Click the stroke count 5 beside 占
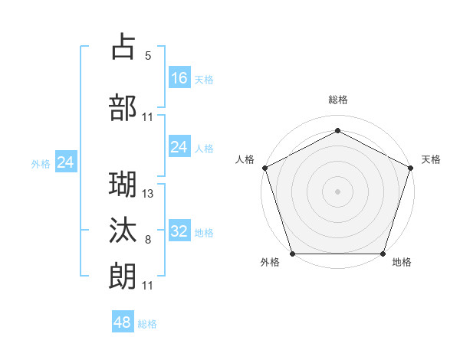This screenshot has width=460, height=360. click(x=148, y=56)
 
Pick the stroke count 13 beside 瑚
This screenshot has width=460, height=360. click(x=148, y=193)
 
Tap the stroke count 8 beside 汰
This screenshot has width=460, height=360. click(x=148, y=240)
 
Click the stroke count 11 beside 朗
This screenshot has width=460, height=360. click(x=148, y=286)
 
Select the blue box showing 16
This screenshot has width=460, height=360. click(x=179, y=78)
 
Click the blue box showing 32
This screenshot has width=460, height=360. click(x=179, y=231)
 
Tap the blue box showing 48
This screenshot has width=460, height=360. click(x=123, y=322)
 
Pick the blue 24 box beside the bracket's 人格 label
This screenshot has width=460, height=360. click(x=179, y=147)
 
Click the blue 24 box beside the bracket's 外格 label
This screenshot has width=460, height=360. click(x=66, y=162)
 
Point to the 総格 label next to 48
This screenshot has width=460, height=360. click(x=147, y=324)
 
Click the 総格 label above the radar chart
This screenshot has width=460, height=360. click(x=337, y=100)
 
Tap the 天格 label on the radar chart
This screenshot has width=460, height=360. click(x=431, y=159)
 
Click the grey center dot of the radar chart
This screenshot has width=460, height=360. click(x=337, y=191)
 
